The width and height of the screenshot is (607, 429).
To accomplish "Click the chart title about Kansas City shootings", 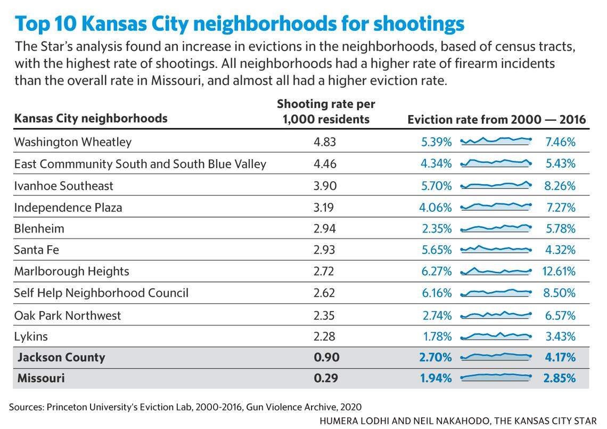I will click(240, 24).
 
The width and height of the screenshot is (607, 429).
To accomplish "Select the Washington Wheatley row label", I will click(73, 142).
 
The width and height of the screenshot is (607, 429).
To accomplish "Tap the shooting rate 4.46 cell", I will click(325, 164).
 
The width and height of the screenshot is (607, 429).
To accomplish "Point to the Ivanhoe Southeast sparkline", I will click(496, 185).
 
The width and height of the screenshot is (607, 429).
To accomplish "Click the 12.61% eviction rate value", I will click(559, 271).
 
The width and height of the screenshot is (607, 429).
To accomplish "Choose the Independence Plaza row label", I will click(68, 208).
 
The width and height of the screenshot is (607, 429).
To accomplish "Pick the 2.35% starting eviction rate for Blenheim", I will click(436, 229).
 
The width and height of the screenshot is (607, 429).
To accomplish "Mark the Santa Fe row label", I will click(37, 250).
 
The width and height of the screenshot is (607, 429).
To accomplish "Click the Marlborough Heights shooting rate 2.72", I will click(324, 271).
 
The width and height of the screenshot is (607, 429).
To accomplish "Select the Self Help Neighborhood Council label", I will click(101, 293).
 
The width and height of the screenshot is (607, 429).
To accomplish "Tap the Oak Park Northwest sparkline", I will click(496, 315).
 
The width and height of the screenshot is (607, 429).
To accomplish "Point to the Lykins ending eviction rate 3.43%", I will click(560, 336).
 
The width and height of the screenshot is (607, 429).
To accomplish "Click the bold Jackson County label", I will click(61, 357).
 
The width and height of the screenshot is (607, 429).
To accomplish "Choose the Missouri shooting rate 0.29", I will click(326, 378).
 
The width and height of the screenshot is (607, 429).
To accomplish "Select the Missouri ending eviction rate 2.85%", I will click(560, 378).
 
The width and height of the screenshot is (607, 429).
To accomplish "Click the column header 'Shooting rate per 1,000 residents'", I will click(326, 112).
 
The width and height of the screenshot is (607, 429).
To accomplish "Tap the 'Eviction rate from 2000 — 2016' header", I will click(496, 120).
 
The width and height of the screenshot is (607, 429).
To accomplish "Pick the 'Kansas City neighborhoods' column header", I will click(91, 118).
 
